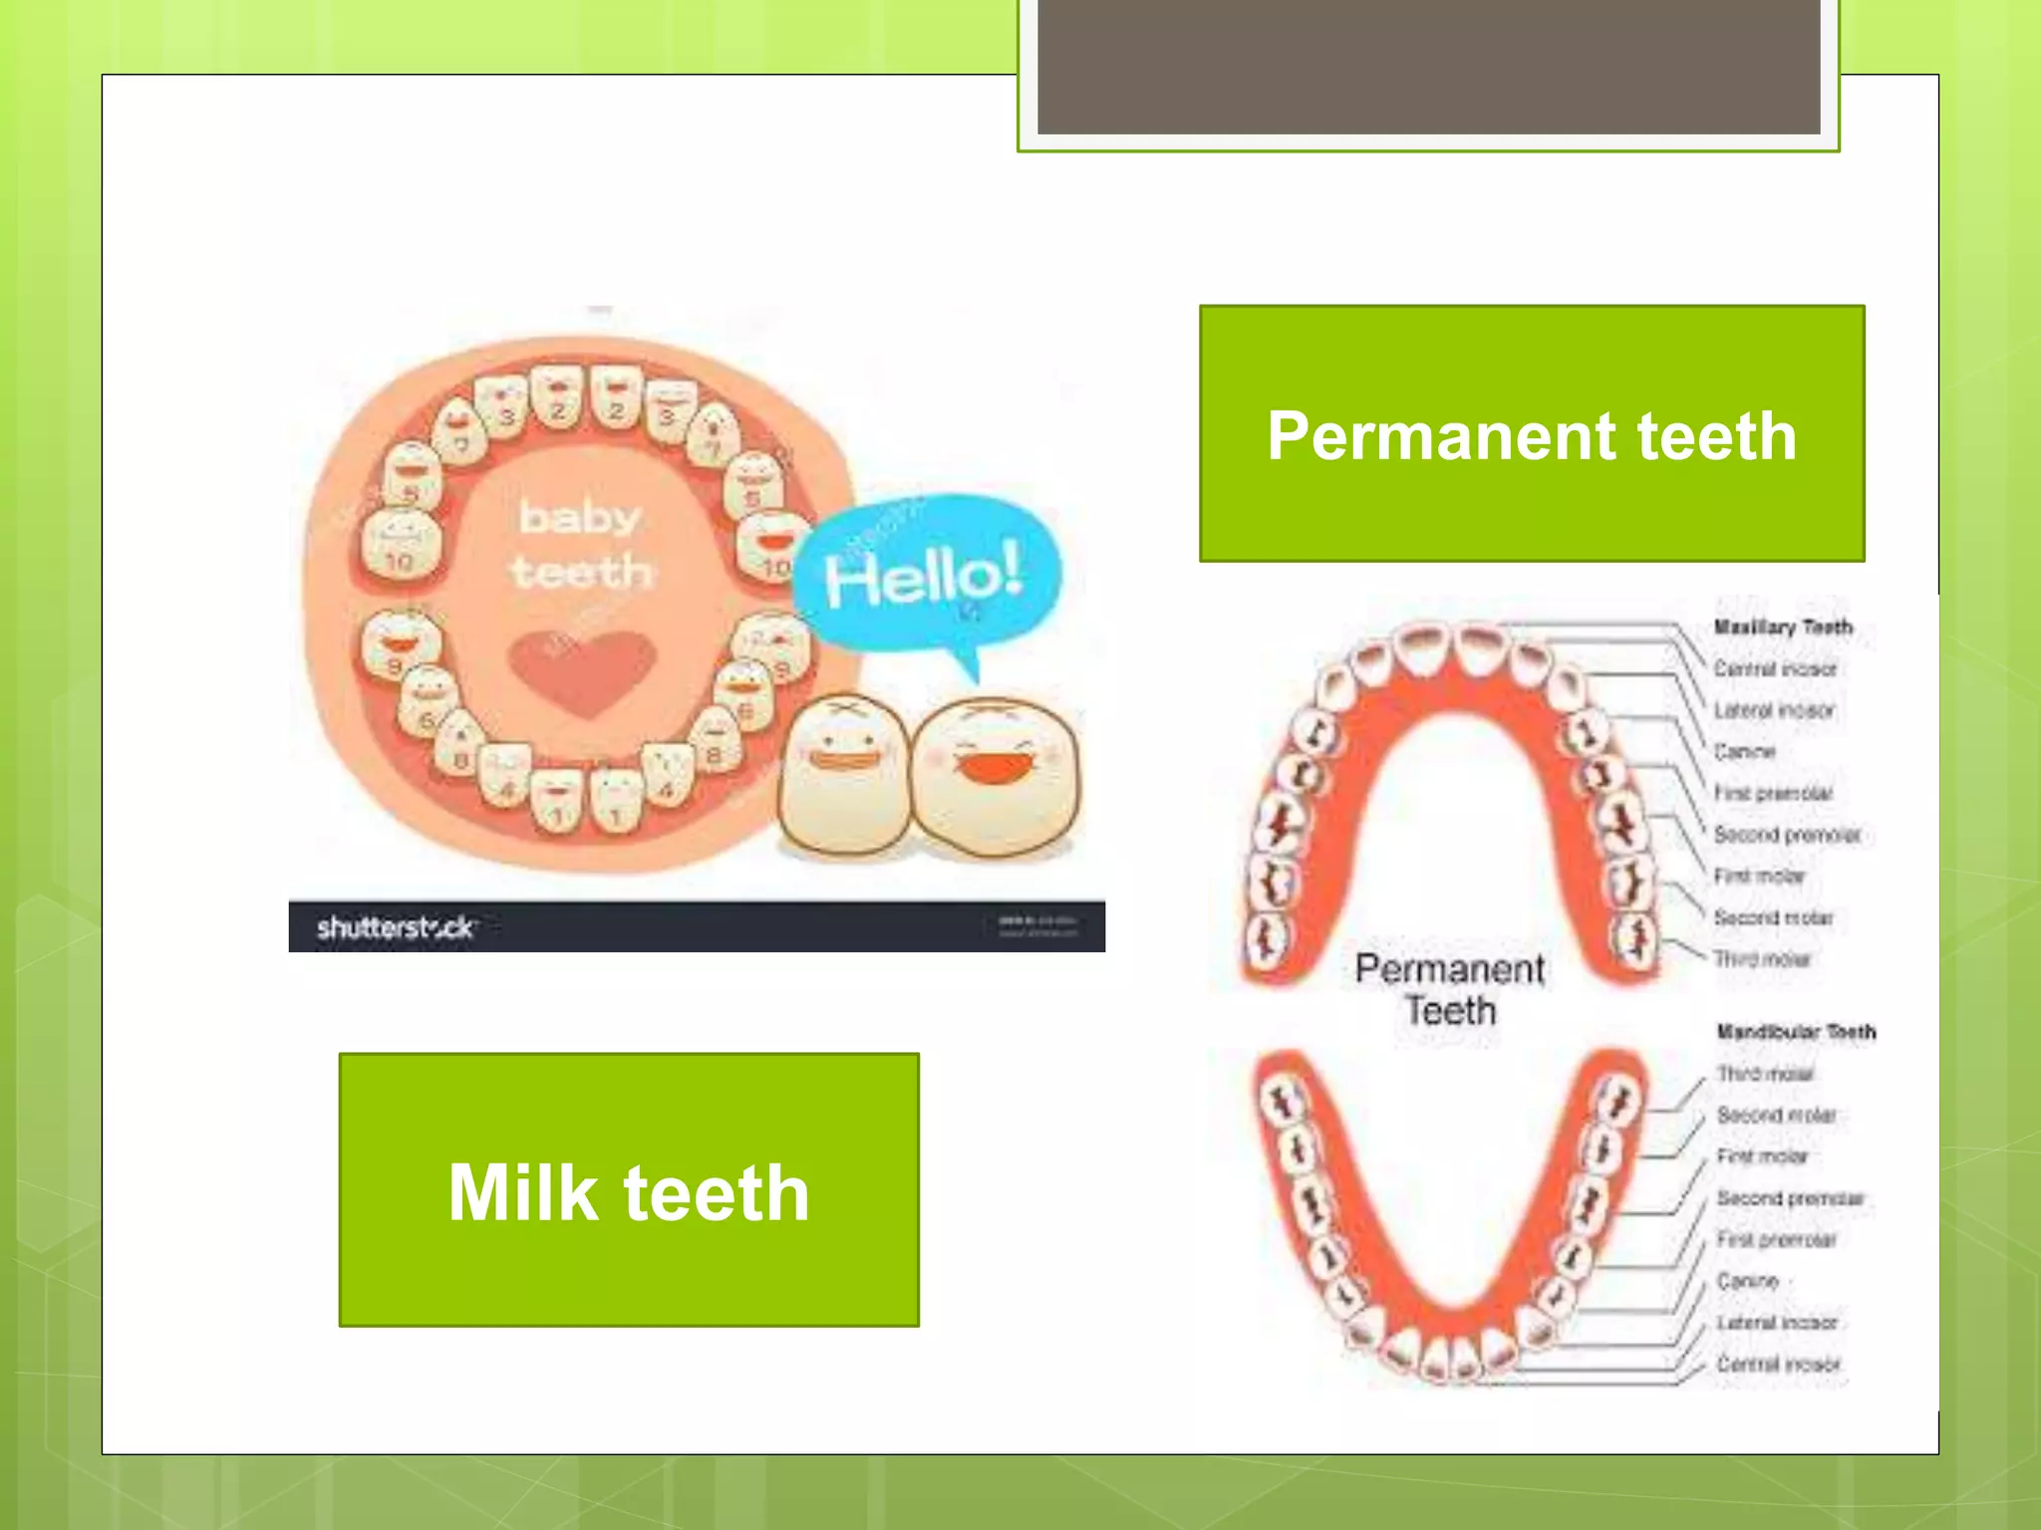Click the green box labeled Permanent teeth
point(1531,434)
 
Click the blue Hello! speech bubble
point(925,575)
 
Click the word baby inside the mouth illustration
point(579,518)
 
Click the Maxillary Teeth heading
point(1782,628)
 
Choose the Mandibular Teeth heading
point(1795,1032)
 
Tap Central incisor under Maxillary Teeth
point(1774,669)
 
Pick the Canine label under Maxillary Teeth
point(1744,752)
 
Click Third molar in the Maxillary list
point(1761,959)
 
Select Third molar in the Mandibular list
point(1764,1074)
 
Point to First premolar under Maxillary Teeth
point(1772,794)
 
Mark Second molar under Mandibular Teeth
point(1775,1116)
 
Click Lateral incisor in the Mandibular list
point(1776,1323)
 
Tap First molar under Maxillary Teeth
point(1758,877)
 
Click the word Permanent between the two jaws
point(1449,969)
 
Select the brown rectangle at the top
point(1428,66)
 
